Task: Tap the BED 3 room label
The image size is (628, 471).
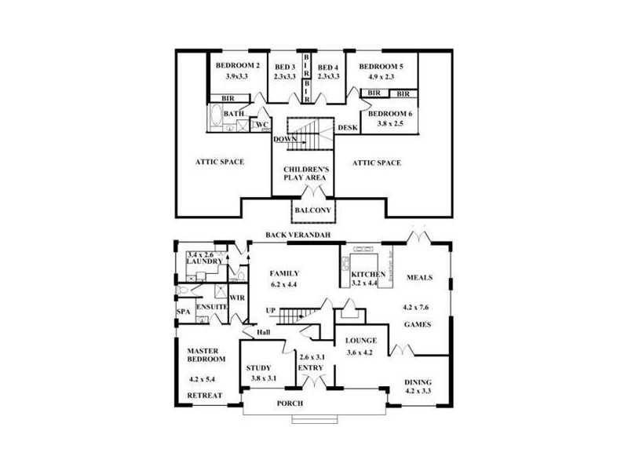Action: pos(285,67)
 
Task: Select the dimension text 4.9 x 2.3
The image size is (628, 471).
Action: pos(381,77)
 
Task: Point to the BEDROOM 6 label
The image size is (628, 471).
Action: pos(390,114)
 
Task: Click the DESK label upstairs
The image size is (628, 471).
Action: pos(347,127)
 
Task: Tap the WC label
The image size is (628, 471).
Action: pos(262,125)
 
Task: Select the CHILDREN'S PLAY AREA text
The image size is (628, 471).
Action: pos(305,173)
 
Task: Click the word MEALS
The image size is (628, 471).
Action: pos(420,278)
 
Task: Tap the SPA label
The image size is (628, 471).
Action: pos(183,311)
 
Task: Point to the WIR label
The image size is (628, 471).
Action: pos(238,298)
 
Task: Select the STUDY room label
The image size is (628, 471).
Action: pos(258,367)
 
